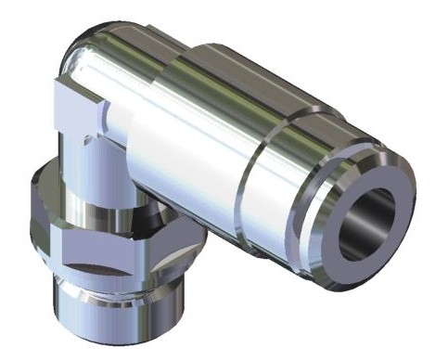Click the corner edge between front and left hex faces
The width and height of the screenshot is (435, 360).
pos(61,243)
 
